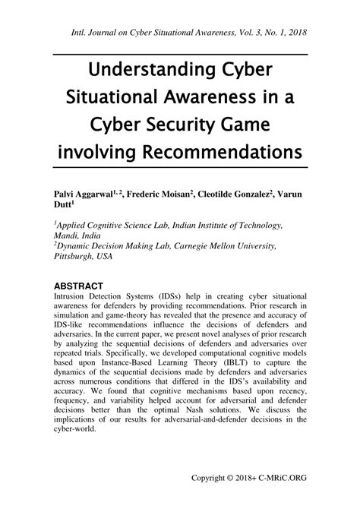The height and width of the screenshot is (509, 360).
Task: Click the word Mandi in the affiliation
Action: (x=68, y=236)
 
